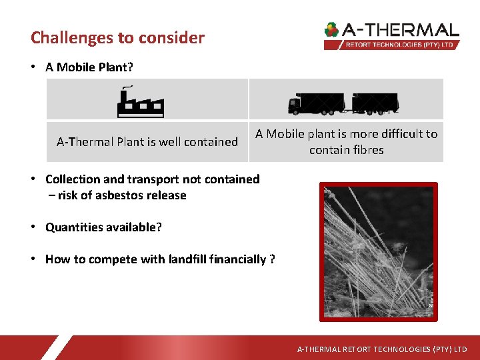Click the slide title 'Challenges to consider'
[x=117, y=37]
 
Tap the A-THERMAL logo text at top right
[x=401, y=30]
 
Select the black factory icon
[x=141, y=102]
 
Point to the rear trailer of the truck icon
[x=375, y=103]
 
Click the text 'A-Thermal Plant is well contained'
[x=147, y=141]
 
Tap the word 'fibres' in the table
[x=365, y=150]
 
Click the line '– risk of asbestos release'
[x=117, y=195]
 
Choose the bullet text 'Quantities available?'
[x=103, y=227]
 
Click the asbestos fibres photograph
[x=379, y=251]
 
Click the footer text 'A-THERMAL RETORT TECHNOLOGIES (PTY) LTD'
[x=382, y=349]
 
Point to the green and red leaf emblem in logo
[x=331, y=30]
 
